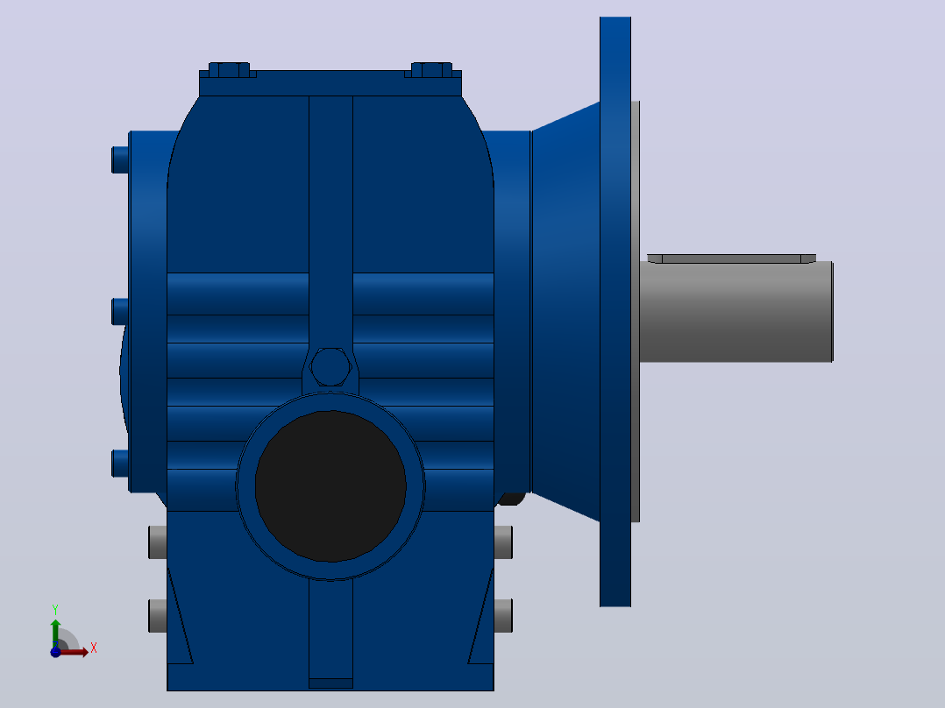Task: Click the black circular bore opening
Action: [330, 486]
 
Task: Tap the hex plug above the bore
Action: [330, 366]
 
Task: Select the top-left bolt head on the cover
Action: [229, 70]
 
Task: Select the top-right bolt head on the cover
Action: [431, 70]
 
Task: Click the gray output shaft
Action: [735, 312]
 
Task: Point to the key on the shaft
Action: [732, 258]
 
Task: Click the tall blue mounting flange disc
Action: [615, 312]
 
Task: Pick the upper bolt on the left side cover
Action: [120, 159]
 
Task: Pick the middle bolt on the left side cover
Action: [120, 312]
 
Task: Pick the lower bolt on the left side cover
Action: [120, 464]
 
